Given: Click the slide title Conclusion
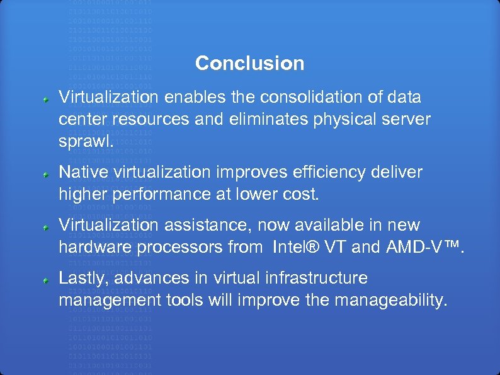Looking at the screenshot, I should click(249, 64).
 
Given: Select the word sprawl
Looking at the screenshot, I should click(84, 141).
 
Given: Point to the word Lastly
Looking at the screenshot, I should click(81, 278).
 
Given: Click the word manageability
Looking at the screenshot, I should click(391, 301).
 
